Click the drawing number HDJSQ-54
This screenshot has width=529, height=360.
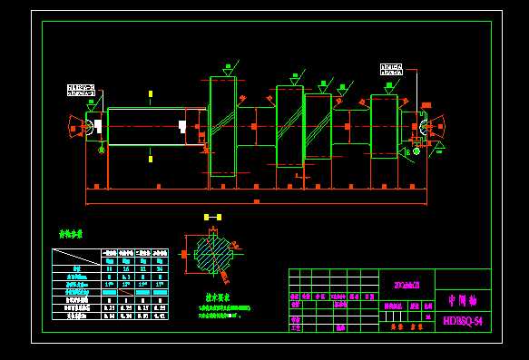(x=462, y=320)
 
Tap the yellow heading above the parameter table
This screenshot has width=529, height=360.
(x=71, y=234)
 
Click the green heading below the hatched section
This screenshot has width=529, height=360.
(x=218, y=297)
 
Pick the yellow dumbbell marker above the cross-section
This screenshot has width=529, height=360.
(x=212, y=218)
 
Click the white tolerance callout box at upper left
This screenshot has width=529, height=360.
(x=81, y=90)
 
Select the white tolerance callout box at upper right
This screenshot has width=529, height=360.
(x=392, y=68)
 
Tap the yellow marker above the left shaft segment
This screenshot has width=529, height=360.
(x=151, y=93)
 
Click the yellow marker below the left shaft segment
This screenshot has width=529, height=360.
(x=151, y=159)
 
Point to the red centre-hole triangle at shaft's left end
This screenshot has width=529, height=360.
(x=74, y=127)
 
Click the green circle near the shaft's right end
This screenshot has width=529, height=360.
(x=416, y=151)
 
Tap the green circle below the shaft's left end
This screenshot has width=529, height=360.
(x=102, y=149)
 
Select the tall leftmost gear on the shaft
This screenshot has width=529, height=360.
(x=222, y=126)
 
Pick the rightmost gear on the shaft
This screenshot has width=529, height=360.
(x=384, y=126)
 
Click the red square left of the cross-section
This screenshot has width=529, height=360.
(x=183, y=255)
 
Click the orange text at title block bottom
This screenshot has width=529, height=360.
(x=401, y=326)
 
